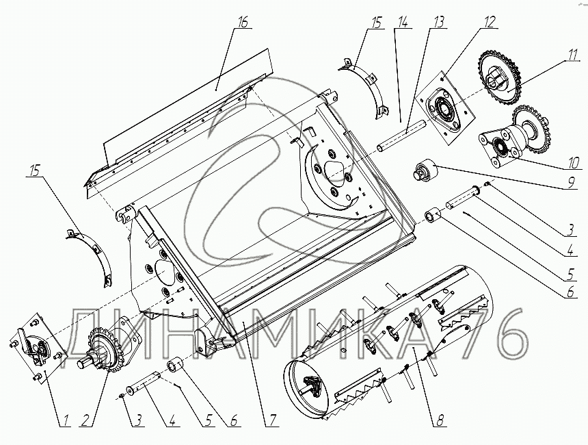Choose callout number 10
pyautogui.click(x=573, y=162)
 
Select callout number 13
pyautogui.click(x=438, y=22)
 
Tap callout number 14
pyautogui.click(x=404, y=22)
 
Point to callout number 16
pyautogui.click(x=242, y=22)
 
